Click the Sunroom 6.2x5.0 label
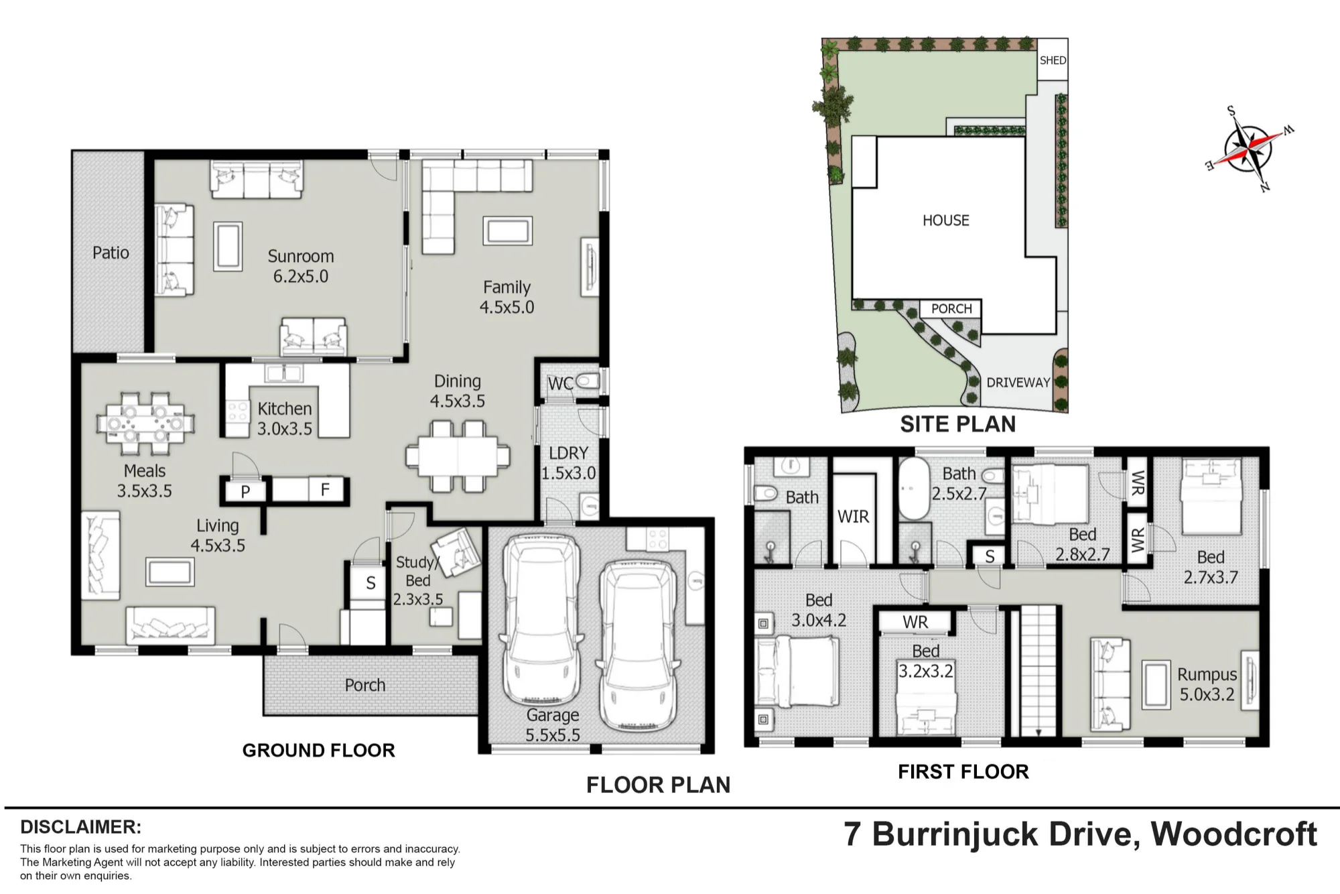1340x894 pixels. coord(300,266)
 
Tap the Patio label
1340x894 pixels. coord(111,253)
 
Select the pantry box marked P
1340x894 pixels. coord(245,491)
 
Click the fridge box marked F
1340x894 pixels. coord(325,490)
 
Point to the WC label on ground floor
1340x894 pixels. coord(560,383)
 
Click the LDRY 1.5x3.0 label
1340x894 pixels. coord(568,462)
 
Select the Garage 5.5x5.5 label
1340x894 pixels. coord(553,725)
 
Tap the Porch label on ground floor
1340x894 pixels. coord(365,685)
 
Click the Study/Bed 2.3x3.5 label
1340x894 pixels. coord(417,580)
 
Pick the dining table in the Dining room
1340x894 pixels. coord(458,456)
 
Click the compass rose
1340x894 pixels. coord(1248,149)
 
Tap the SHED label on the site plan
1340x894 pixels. coord(1053,60)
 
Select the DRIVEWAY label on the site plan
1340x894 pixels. coord(1018,383)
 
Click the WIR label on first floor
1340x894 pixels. coord(853,517)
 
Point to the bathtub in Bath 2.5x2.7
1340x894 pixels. coord(914,489)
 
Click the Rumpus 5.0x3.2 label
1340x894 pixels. coord(1207,684)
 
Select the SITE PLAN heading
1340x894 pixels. coord(957,424)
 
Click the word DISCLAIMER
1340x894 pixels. coord(80,826)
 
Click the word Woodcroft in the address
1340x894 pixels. coord(1234,834)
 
